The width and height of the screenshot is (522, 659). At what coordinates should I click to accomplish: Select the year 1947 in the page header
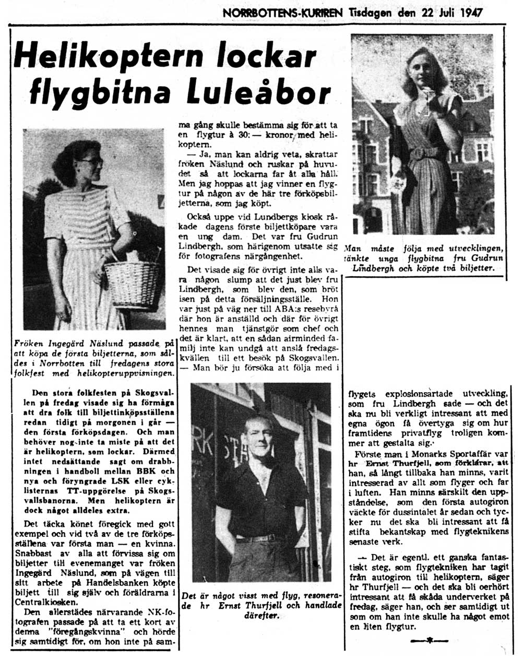(471, 12)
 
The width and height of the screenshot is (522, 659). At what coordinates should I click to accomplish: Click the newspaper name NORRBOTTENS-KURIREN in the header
(282, 12)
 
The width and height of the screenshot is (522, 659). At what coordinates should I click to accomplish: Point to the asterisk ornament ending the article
(430, 640)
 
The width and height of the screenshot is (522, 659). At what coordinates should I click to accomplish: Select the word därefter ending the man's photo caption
(263, 616)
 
